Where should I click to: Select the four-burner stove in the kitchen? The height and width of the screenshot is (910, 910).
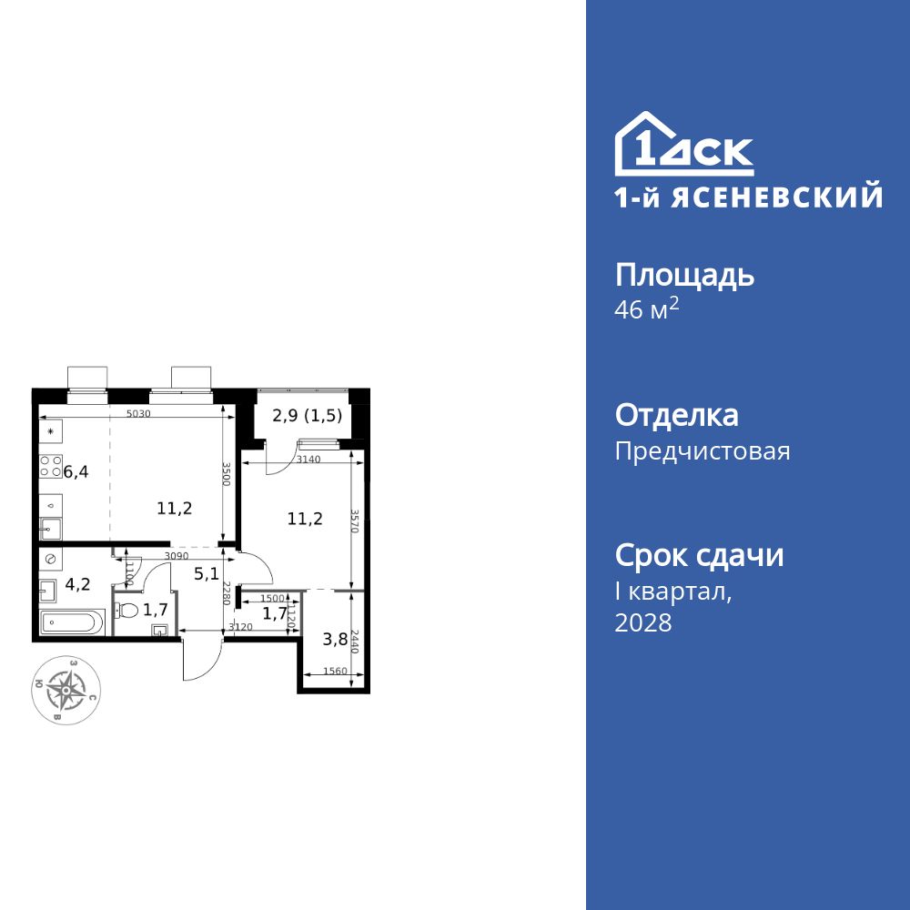pyautogui.click(x=50, y=467)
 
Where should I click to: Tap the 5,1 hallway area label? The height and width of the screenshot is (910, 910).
pyautogui.click(x=206, y=575)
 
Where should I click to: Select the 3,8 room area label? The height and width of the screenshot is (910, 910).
pyautogui.click(x=335, y=638)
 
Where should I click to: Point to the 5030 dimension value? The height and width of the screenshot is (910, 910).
pyautogui.click(x=138, y=415)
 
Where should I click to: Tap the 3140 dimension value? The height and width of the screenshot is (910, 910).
pyautogui.click(x=310, y=460)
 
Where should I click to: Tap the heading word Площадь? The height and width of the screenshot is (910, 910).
pyautogui.click(x=684, y=275)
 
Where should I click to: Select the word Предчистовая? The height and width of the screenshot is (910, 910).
pyautogui.click(x=703, y=451)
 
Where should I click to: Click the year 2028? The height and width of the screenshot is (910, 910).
pyautogui.click(x=643, y=623)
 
